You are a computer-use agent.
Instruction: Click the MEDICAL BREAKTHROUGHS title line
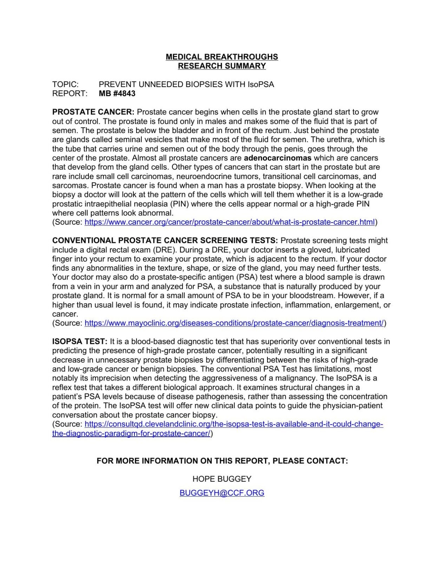[222, 57]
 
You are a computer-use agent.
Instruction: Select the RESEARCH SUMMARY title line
[222, 66]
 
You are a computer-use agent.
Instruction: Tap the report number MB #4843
[117, 93]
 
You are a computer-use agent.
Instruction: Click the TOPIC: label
[65, 84]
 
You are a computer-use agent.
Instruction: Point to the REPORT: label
[69, 93]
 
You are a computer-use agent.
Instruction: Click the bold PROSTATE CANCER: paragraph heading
[93, 112]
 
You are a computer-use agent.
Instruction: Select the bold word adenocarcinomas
[278, 158]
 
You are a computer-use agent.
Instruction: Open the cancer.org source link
[230, 222]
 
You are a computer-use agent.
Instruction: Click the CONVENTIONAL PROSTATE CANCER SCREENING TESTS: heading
[165, 240]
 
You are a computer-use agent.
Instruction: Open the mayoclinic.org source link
[234, 323]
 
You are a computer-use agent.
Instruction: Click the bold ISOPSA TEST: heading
[80, 342]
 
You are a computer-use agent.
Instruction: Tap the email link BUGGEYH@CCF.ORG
[222, 493]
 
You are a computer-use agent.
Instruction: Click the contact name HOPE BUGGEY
[222, 479]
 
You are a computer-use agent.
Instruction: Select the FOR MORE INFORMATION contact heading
[222, 461]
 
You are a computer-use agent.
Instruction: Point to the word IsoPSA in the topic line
[261, 84]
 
